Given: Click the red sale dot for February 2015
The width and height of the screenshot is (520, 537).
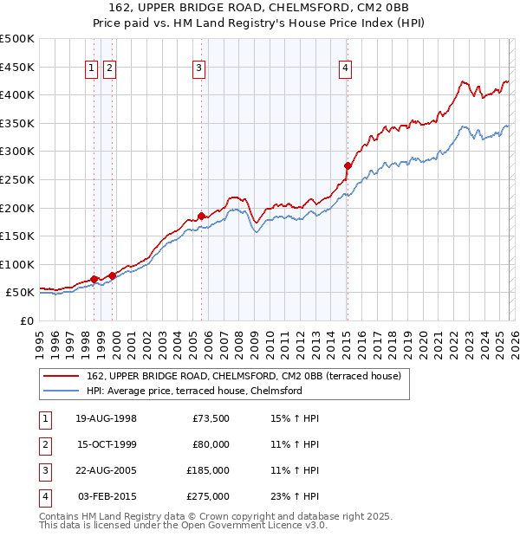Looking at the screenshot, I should (348, 165).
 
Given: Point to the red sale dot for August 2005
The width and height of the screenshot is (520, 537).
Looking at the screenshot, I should (201, 216).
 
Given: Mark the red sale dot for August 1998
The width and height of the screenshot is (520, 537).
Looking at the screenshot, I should (94, 279).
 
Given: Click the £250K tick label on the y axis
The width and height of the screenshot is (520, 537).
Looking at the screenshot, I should (17, 179).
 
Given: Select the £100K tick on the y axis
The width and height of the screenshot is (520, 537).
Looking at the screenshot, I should (17, 264).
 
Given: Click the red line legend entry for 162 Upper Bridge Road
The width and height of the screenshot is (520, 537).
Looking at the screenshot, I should (243, 377).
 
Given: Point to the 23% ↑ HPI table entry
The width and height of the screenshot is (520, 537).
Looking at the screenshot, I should (296, 496).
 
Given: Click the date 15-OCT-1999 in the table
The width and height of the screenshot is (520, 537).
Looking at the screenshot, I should (106, 444).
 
